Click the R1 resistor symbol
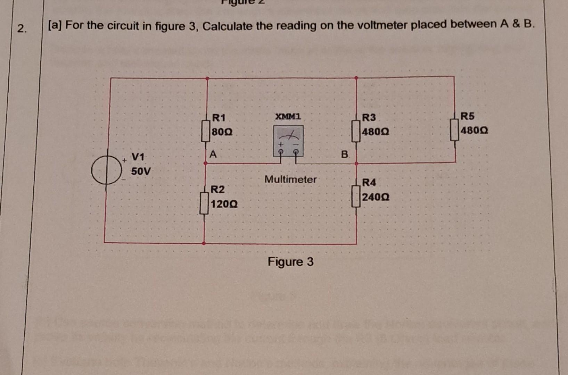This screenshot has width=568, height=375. [206, 131]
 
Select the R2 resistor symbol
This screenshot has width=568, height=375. [204, 203]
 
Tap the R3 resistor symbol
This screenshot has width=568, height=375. [356, 131]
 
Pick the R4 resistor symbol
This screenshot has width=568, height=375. [356, 196]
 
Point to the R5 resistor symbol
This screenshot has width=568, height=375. [454, 130]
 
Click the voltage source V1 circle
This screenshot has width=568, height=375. [106, 170]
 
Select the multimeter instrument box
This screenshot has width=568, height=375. [288, 141]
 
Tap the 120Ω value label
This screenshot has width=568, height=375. [224, 204]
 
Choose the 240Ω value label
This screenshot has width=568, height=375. [376, 197]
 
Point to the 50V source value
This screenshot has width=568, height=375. [141, 172]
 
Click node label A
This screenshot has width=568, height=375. [213, 154]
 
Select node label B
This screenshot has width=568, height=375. [344, 155]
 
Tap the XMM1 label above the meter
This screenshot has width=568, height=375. [288, 116]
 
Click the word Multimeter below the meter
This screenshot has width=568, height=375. [290, 180]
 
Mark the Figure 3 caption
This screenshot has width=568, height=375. [290, 262]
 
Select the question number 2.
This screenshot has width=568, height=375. [22, 28]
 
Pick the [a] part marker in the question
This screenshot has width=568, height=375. [55, 25]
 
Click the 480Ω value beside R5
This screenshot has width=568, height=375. [474, 131]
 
